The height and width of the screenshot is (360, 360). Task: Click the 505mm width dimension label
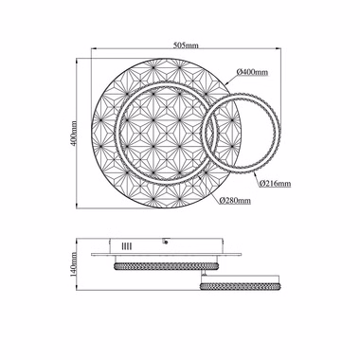(186, 45)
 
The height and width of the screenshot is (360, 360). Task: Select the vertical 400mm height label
(73, 134)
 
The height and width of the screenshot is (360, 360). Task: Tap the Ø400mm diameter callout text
(252, 72)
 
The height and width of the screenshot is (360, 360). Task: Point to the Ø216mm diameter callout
(275, 183)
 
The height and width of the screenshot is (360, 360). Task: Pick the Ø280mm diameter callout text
(235, 200)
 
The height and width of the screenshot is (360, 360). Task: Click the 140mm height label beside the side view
(73, 264)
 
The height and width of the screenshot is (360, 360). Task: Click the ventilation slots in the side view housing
(127, 246)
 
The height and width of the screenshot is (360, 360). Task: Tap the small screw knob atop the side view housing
(165, 242)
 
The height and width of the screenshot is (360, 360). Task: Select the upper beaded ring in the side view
(167, 266)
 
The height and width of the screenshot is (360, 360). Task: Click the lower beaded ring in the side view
(240, 286)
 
